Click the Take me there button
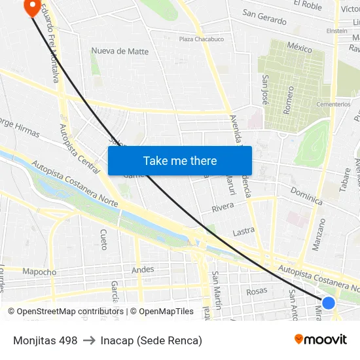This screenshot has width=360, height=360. [x=180, y=160]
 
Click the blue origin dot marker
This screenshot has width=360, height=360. [x=329, y=303]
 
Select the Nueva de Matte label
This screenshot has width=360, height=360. [x=120, y=51]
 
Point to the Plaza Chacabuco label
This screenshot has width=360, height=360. [x=202, y=39]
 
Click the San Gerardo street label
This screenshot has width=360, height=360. [x=264, y=17]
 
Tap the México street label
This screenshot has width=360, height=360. [x=300, y=48]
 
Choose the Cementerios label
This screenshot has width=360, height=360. [x=333, y=104]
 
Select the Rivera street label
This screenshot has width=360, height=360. [x=223, y=207]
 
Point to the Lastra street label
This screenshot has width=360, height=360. [x=243, y=232]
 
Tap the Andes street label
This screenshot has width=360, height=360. [x=143, y=269]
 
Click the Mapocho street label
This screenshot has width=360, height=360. [x=39, y=272]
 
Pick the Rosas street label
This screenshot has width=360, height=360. [x=257, y=291]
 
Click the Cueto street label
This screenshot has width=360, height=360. [x=103, y=240]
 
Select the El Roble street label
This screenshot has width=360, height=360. [x=308, y=5]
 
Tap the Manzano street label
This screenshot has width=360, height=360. [x=319, y=234]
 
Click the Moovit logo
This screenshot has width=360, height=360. [x=321, y=340]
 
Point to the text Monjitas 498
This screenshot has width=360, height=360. [x=45, y=340]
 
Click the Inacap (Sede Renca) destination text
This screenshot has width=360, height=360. [x=151, y=340]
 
